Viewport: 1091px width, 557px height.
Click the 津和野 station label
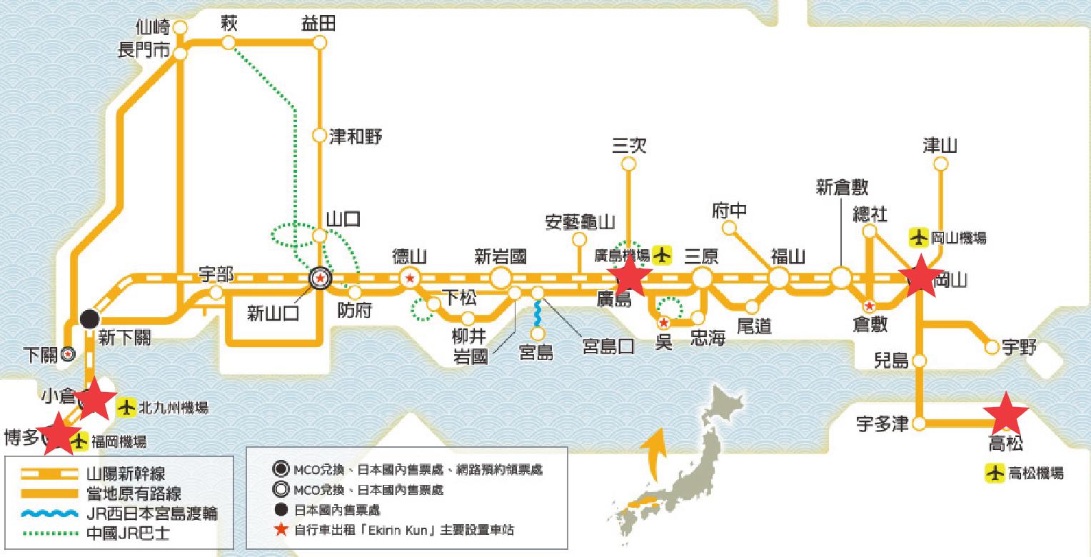(356, 136)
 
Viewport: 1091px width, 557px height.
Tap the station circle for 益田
(319, 44)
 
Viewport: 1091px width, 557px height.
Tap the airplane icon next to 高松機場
(994, 473)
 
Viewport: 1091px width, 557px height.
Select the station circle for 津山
(941, 164)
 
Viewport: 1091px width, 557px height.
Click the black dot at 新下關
(90, 318)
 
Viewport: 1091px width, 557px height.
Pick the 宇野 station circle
(991, 348)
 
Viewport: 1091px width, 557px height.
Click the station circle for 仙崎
(181, 28)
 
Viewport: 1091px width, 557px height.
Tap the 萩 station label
(229, 24)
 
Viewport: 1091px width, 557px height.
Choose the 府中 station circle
(729, 229)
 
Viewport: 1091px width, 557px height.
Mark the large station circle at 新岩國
(501, 278)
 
